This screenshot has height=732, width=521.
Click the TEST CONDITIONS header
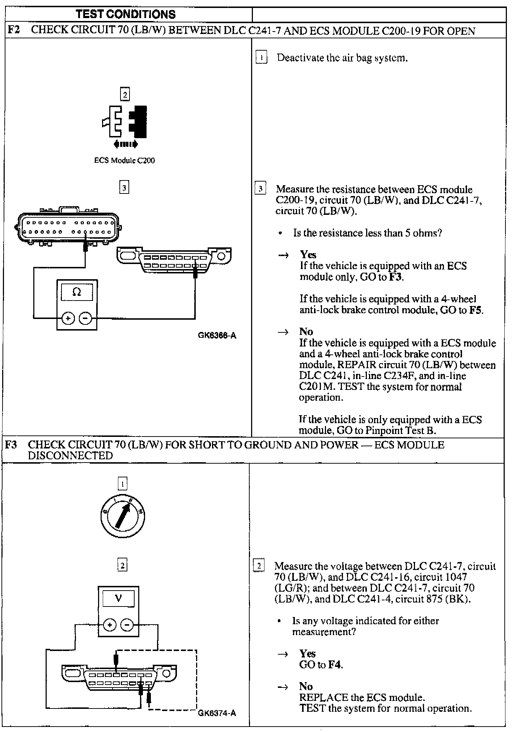(126, 14)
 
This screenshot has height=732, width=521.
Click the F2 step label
(13, 30)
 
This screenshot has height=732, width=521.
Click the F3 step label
(11, 444)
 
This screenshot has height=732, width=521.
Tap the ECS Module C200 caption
(124, 160)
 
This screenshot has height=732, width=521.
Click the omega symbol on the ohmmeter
(77, 292)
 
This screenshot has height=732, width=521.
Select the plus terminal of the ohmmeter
(68, 318)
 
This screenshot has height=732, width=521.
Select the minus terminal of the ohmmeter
(85, 318)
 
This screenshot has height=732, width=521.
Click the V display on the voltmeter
(118, 598)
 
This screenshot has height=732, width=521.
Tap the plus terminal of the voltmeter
(110, 625)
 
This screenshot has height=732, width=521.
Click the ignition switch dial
(123, 515)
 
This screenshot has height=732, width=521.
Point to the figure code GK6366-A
(217, 335)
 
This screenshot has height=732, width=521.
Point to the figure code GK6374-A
(217, 713)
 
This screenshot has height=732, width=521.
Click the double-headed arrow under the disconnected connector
(125, 144)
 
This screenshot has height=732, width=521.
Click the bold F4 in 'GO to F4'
(335, 664)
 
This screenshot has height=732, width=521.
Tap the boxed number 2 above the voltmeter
(122, 565)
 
